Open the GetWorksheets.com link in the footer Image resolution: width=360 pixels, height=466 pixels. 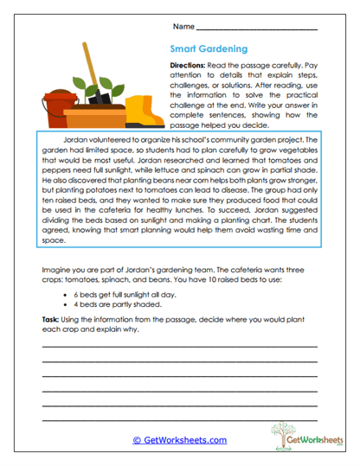(x=179, y=440)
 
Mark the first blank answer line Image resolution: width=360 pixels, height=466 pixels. (x=179, y=346)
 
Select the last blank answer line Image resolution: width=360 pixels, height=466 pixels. (x=179, y=420)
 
